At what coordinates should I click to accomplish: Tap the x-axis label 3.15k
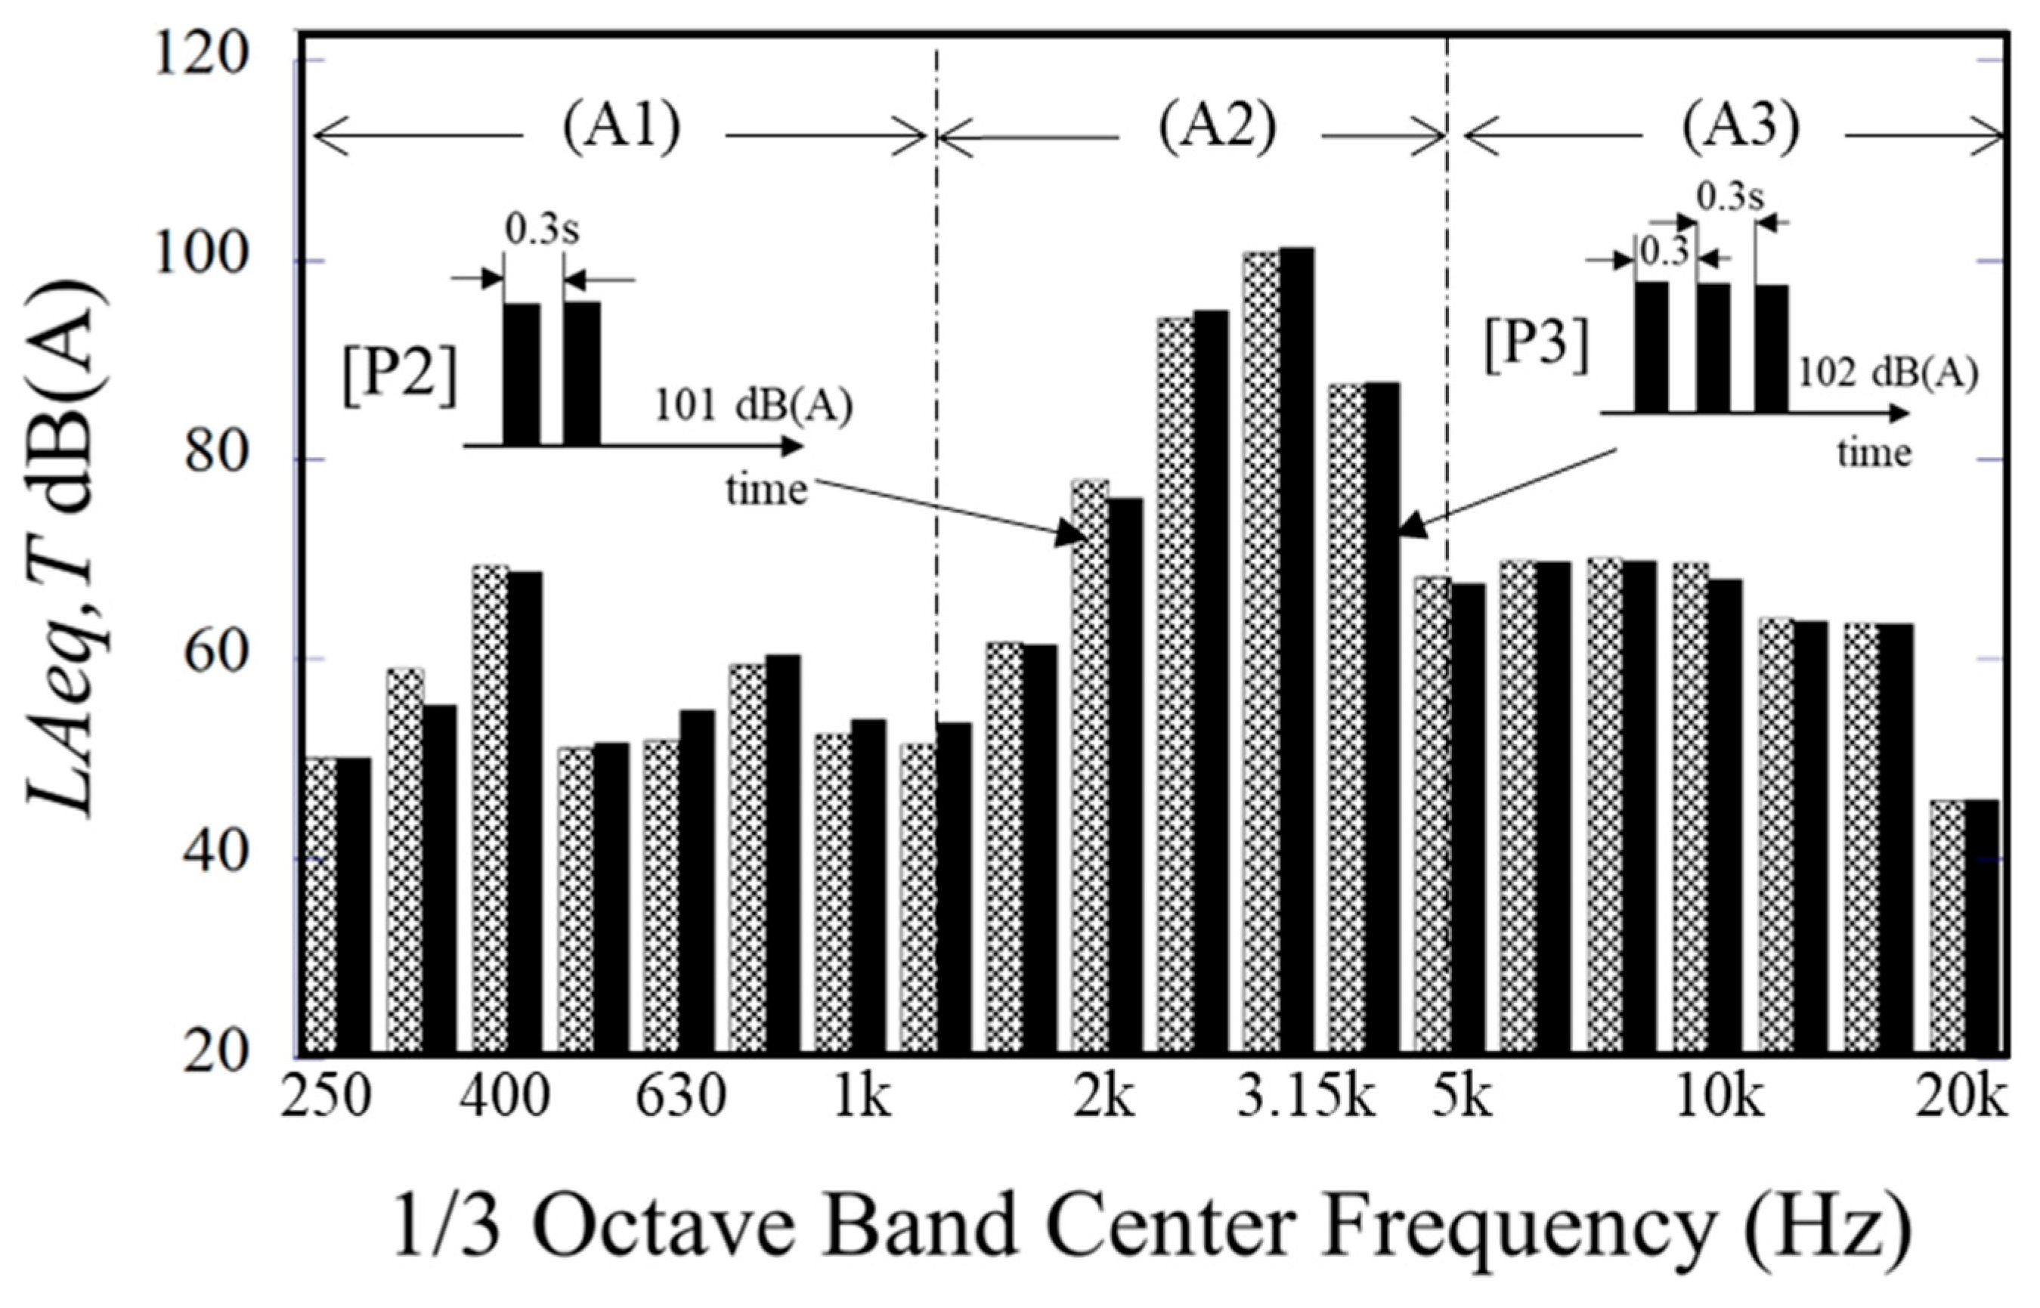pyautogui.click(x=1305, y=1100)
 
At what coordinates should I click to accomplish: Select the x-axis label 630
pyautogui.click(x=680, y=1100)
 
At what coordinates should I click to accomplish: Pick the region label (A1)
pyautogui.click(x=621, y=129)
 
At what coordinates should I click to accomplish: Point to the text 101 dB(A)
pyautogui.click(x=753, y=407)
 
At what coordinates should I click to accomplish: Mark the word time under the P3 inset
pyautogui.click(x=1874, y=453)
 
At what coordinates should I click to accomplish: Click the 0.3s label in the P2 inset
pyautogui.click(x=542, y=231)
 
